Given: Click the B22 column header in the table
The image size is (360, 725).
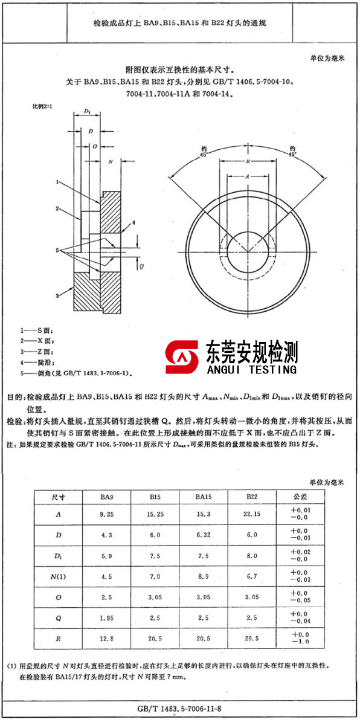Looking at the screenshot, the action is point(252,497).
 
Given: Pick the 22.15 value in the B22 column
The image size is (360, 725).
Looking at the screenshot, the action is point(252,514).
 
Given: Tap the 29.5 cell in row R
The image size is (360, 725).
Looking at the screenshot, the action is point(252,638).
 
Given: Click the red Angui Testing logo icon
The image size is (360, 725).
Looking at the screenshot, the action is point(182,357).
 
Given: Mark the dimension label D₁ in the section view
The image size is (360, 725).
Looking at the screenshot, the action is point(88,112).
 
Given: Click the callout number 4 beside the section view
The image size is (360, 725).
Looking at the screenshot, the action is point(134,223).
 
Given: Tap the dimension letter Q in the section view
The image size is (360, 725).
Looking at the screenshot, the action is point(141,265).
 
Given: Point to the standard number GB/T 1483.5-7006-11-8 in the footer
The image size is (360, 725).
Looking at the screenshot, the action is point(180,708).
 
